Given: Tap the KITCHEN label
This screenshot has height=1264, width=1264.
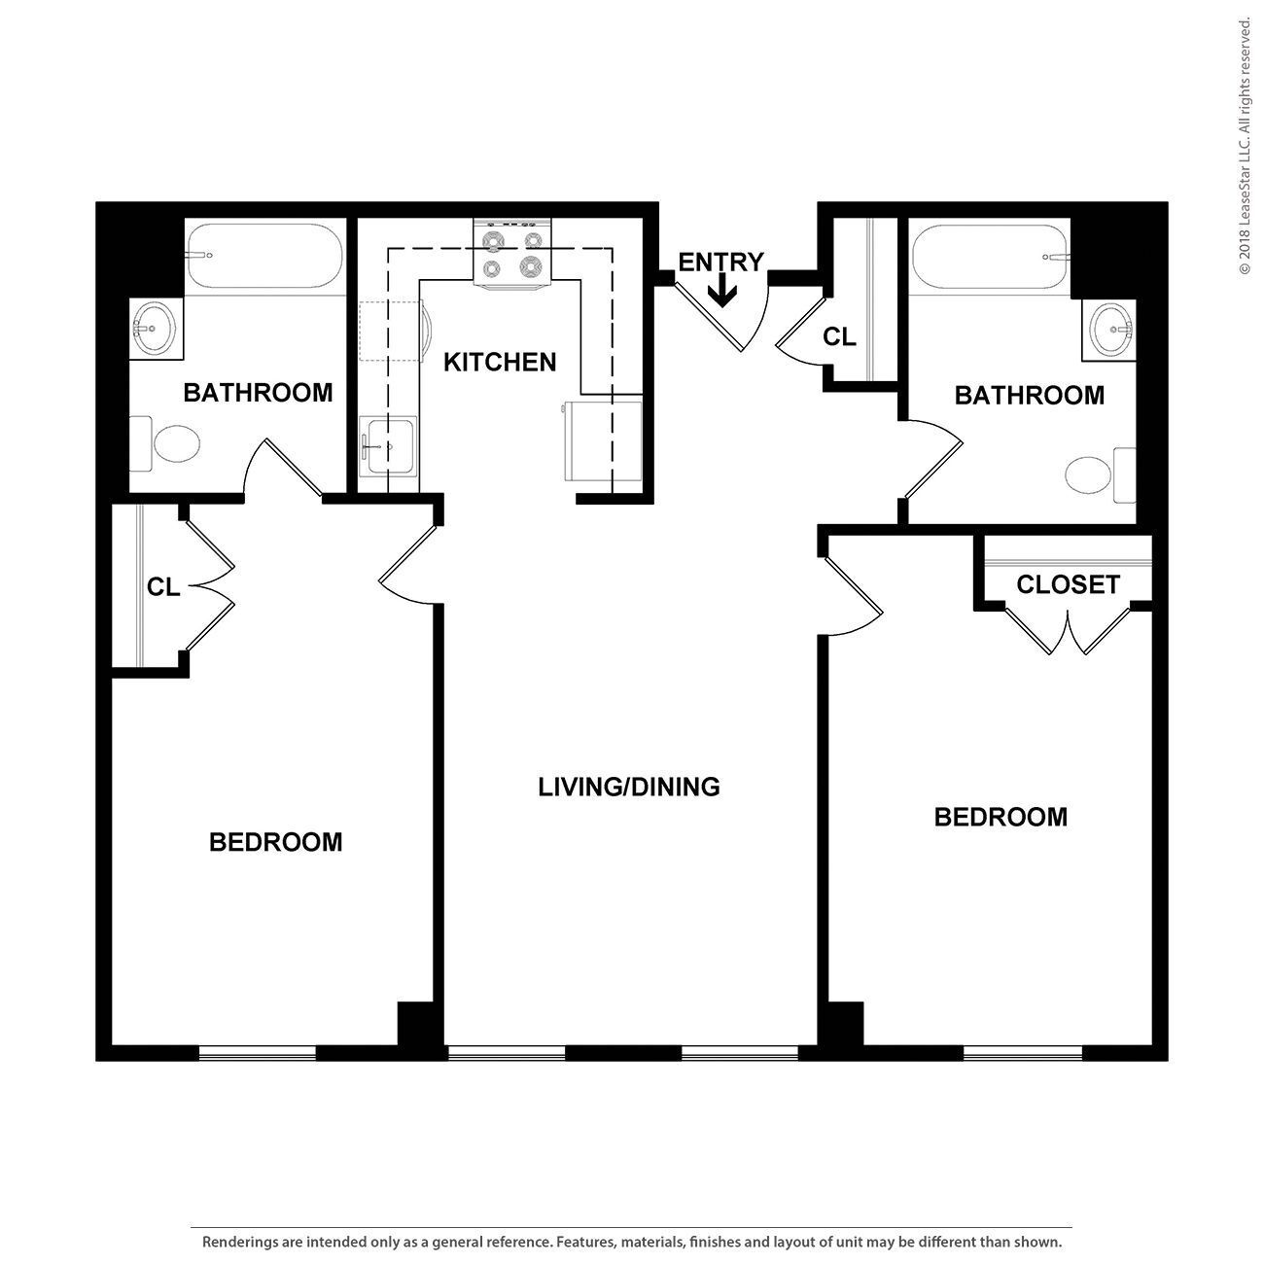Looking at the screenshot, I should point(500,363).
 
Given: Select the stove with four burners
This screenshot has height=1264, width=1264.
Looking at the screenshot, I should point(512,253).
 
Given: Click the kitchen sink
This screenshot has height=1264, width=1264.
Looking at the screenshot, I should point(387,447).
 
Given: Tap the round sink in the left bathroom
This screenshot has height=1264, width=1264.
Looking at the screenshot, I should point(154,329).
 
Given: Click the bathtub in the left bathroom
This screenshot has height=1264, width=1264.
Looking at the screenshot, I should point(263,256).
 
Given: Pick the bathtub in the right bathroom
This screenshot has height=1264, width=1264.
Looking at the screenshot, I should point(989,256).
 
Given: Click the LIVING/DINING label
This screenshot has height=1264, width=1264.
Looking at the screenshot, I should point(629,787).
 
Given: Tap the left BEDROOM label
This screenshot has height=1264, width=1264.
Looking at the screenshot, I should point(276,842).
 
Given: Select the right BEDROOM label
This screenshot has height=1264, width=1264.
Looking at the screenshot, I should point(1001,817).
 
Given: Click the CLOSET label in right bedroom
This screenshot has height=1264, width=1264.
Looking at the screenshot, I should point(1068,584).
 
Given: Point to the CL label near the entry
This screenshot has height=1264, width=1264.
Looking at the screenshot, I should point(839,337).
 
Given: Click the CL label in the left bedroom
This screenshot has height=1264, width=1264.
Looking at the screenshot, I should point(163,587).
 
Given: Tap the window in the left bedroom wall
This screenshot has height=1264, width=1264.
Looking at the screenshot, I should point(258,1052).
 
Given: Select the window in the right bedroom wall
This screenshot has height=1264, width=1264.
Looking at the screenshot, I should point(1023,1052).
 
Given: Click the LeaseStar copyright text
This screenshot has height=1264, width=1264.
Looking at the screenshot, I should point(1245,146).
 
